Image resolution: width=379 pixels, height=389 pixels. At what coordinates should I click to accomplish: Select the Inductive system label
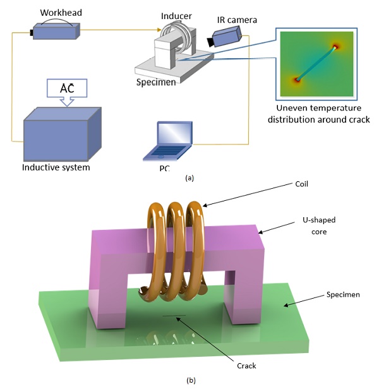click(56, 167)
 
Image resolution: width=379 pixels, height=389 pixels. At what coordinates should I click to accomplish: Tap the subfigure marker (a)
click(189, 179)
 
